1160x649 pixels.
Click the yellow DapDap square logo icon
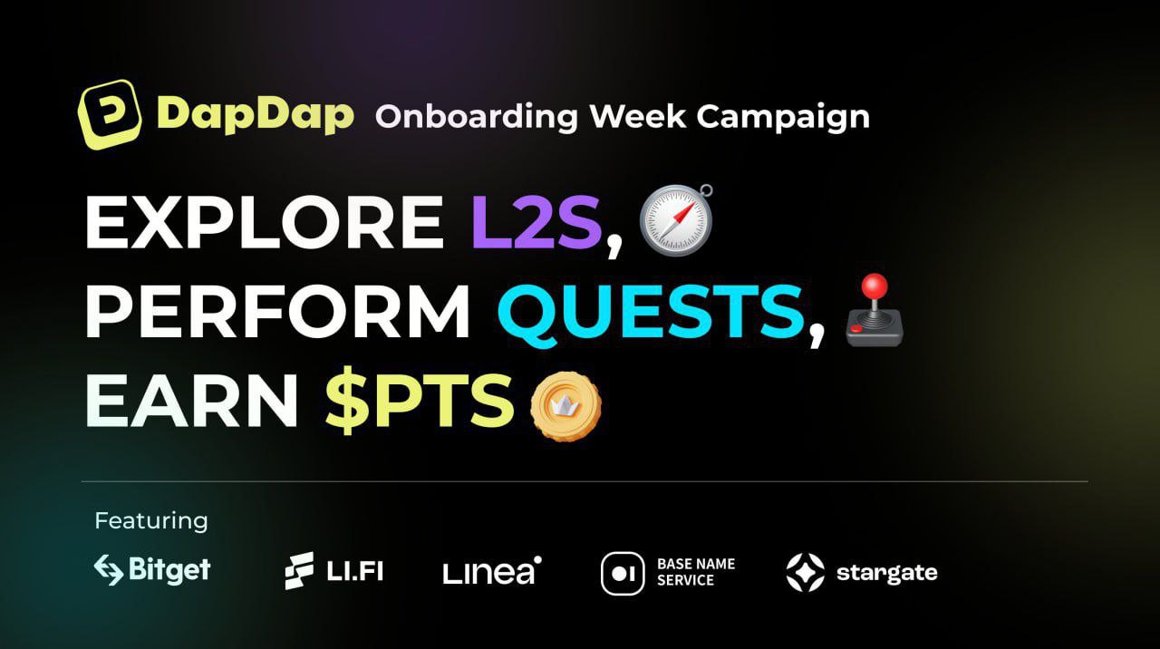tap(110, 114)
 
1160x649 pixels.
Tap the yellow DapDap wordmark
tap(255, 114)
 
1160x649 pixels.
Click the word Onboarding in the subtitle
tap(477, 117)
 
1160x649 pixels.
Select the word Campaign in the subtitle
tap(783, 118)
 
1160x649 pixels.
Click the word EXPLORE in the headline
tap(265, 222)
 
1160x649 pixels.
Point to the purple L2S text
tap(536, 222)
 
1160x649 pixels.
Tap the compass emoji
tap(676, 219)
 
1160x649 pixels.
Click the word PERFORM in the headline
tap(278, 311)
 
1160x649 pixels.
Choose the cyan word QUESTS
tap(651, 313)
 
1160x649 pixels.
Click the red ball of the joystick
tap(875, 286)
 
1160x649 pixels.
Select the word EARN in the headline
tap(191, 401)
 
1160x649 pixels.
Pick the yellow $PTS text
tap(420, 401)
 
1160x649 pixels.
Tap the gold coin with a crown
tap(565, 407)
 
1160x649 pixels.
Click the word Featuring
tap(151, 520)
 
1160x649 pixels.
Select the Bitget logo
tap(152, 570)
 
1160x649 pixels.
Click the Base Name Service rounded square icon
tap(623, 574)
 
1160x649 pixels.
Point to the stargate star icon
tap(806, 573)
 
